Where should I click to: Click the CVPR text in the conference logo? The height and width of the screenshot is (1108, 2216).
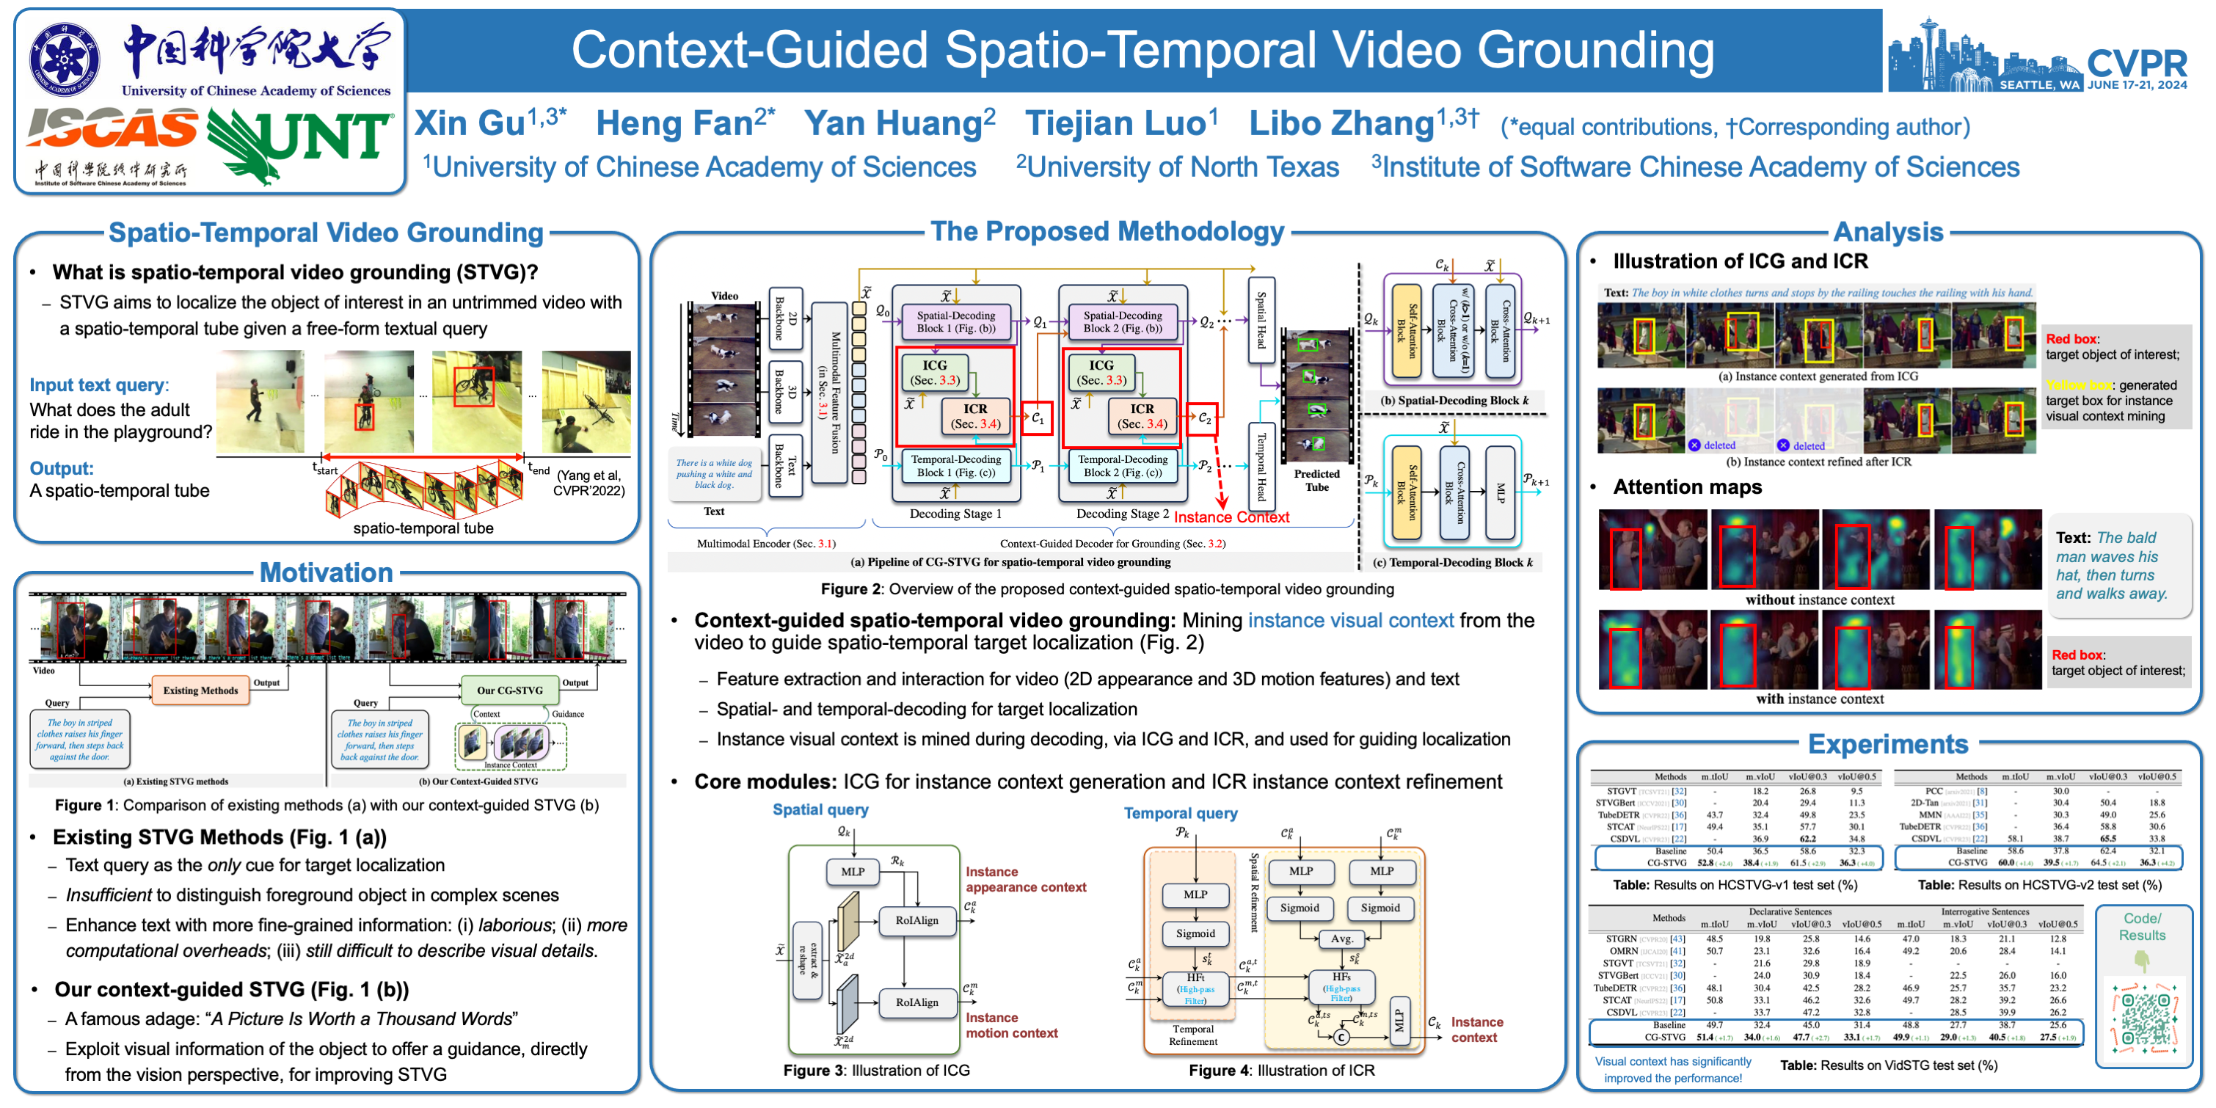(2136, 64)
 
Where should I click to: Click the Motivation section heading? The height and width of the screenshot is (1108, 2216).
(326, 572)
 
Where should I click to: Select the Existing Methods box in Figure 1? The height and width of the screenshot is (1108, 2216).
(200, 690)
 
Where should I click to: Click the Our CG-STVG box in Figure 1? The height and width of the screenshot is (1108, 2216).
(509, 690)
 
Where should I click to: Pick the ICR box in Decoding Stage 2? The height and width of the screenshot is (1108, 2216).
(1142, 415)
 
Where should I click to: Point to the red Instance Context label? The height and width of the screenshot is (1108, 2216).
(1231, 517)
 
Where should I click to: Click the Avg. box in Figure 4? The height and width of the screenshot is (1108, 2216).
(1341, 938)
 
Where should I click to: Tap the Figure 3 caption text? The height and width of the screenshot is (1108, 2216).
(875, 1070)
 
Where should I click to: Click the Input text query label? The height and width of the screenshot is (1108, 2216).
(99, 384)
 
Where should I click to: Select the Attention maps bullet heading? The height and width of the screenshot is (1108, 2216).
(1686, 487)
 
